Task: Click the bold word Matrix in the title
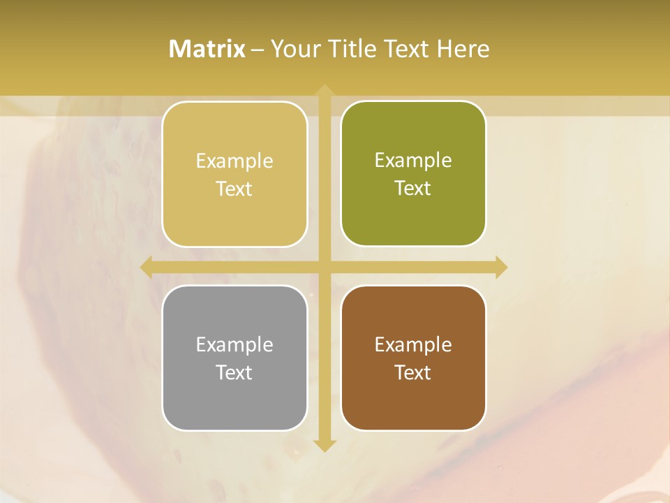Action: (x=207, y=49)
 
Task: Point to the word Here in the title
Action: (x=463, y=49)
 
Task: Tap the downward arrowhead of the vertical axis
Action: (x=325, y=445)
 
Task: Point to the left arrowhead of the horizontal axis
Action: (x=147, y=267)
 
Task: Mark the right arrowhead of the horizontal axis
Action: (x=500, y=267)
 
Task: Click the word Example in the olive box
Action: (x=413, y=161)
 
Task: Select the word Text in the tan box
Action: (x=234, y=189)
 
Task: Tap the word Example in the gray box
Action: (x=234, y=344)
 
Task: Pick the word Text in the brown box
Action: (x=413, y=372)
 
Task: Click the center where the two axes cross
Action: (x=325, y=267)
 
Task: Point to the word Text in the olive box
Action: (x=413, y=189)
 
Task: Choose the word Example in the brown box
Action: (x=413, y=344)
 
